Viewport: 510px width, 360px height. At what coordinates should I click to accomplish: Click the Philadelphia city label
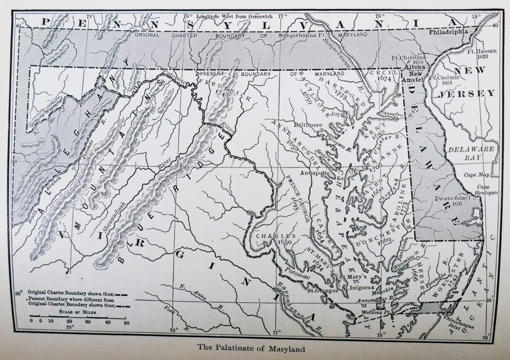449,32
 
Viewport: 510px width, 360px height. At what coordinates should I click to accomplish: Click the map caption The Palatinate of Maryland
251,349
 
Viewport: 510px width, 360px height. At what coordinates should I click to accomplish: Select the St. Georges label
322,290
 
